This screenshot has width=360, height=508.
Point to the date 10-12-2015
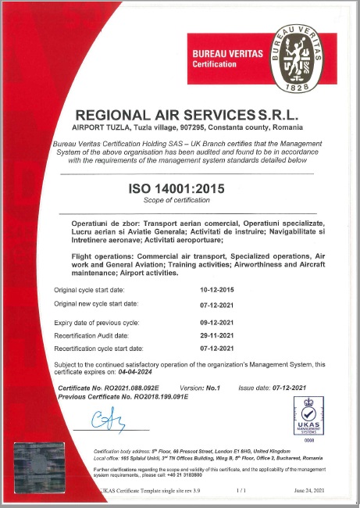click(x=217, y=290)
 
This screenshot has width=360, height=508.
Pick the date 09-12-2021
click(x=217, y=323)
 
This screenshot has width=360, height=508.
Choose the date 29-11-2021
click(x=217, y=335)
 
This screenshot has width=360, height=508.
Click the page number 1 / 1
click(x=241, y=488)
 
